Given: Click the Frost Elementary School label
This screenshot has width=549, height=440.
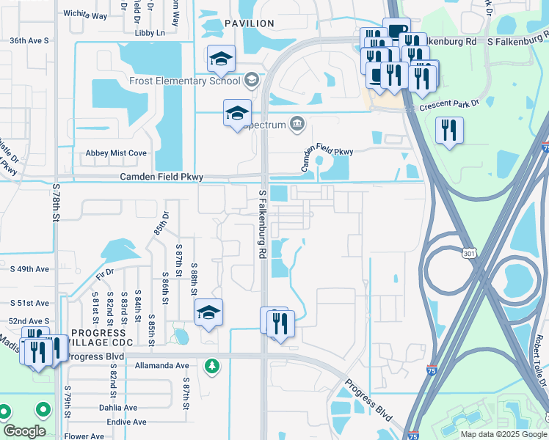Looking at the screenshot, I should pyautogui.click(x=188, y=81).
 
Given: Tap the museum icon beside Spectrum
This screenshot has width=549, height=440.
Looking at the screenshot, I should pyautogui.click(x=297, y=124).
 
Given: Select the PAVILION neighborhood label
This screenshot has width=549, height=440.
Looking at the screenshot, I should pyautogui.click(x=249, y=23).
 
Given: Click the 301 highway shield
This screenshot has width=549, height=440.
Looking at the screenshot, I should pyautogui.click(x=468, y=254).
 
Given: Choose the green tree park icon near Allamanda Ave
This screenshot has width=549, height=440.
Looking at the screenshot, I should pyautogui.click(x=212, y=364).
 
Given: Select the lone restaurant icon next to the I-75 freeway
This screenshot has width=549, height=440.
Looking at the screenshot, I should pyautogui.click(x=448, y=131).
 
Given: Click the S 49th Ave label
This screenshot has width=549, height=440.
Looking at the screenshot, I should pyautogui.click(x=29, y=269).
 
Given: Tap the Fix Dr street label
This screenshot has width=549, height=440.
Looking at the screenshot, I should pyautogui.click(x=105, y=274).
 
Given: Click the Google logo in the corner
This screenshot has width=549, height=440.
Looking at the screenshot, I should pyautogui.click(x=24, y=431).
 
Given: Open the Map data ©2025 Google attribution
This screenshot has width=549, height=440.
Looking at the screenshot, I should pyautogui.click(x=503, y=434).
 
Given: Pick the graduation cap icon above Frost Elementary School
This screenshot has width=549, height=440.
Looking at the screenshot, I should pyautogui.click(x=220, y=59).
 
